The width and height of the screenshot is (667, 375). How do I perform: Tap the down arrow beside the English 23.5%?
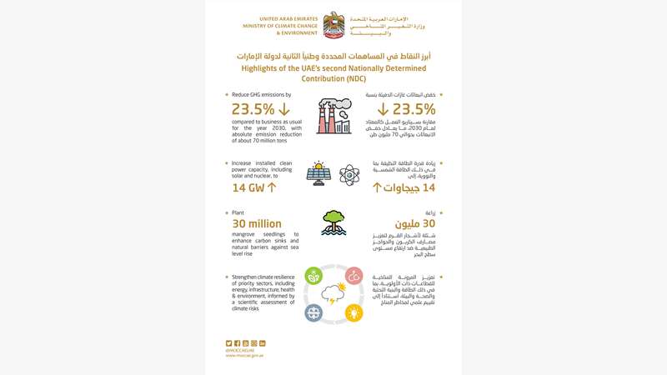tap(284, 110)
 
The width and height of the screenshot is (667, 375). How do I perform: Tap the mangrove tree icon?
tap(333, 222)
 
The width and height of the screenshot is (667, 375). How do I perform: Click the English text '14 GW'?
tap(248, 187)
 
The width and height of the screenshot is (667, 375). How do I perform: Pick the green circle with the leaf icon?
tap(313, 275)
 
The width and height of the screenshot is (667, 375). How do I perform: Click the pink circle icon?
tap(354, 275)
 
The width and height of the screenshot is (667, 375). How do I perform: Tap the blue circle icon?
tap(313, 313)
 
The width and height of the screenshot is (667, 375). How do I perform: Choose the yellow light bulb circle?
tap(354, 313)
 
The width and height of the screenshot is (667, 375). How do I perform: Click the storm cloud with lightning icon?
tap(333, 294)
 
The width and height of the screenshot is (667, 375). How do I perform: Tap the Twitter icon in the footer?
tap(228, 343)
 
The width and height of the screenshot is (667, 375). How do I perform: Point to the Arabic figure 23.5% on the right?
tap(409, 110)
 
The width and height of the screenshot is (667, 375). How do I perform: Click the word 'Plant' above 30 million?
tap(238, 212)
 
